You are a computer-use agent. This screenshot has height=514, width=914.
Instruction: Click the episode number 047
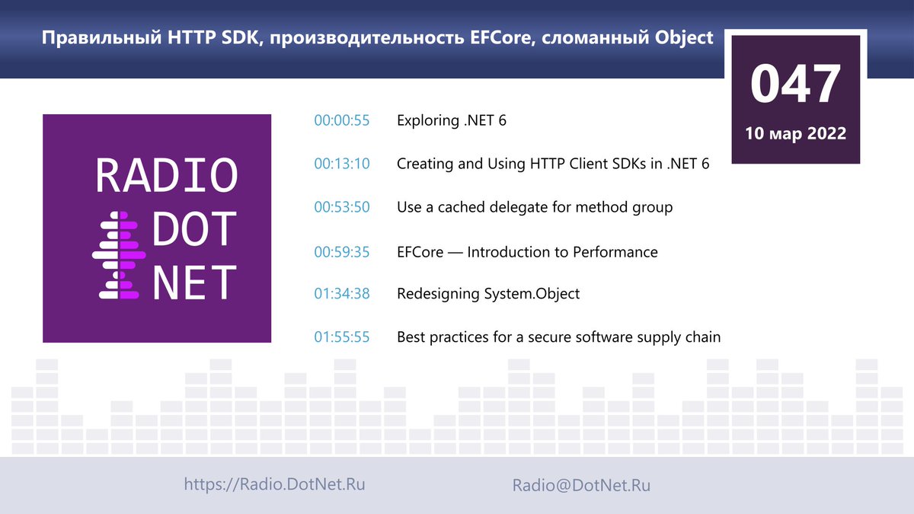coord(795,84)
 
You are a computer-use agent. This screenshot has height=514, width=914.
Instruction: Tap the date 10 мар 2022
coord(796,133)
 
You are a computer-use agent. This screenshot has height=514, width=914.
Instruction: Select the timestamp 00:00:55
coord(342,120)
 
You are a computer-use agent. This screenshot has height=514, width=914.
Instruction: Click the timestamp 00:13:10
coord(342,164)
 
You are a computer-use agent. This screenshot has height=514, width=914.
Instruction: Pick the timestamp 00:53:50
coord(342,207)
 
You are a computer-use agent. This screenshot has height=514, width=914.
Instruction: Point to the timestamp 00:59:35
coord(342,252)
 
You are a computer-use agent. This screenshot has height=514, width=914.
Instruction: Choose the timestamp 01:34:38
coord(342,294)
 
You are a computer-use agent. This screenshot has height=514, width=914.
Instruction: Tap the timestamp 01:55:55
coord(342,337)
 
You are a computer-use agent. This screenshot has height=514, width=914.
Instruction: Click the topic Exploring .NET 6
coord(452,120)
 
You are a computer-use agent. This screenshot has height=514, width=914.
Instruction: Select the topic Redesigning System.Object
coord(488,294)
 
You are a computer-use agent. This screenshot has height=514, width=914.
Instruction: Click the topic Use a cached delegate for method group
coord(535,208)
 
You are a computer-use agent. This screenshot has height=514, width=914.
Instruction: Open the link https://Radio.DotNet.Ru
coord(275,484)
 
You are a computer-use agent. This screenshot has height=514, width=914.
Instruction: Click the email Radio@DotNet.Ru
coord(581,486)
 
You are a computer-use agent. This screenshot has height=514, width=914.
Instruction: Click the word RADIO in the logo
coord(167,175)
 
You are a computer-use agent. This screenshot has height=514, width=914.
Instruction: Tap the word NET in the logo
coord(194,282)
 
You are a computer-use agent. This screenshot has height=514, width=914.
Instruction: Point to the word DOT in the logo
coord(194,229)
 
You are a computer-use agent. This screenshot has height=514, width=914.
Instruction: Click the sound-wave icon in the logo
coord(119,255)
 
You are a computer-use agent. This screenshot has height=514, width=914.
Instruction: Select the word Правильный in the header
coord(101,38)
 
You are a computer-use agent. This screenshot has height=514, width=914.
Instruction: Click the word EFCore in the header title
coord(503,37)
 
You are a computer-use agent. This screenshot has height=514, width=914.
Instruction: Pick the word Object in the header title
coord(684,38)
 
